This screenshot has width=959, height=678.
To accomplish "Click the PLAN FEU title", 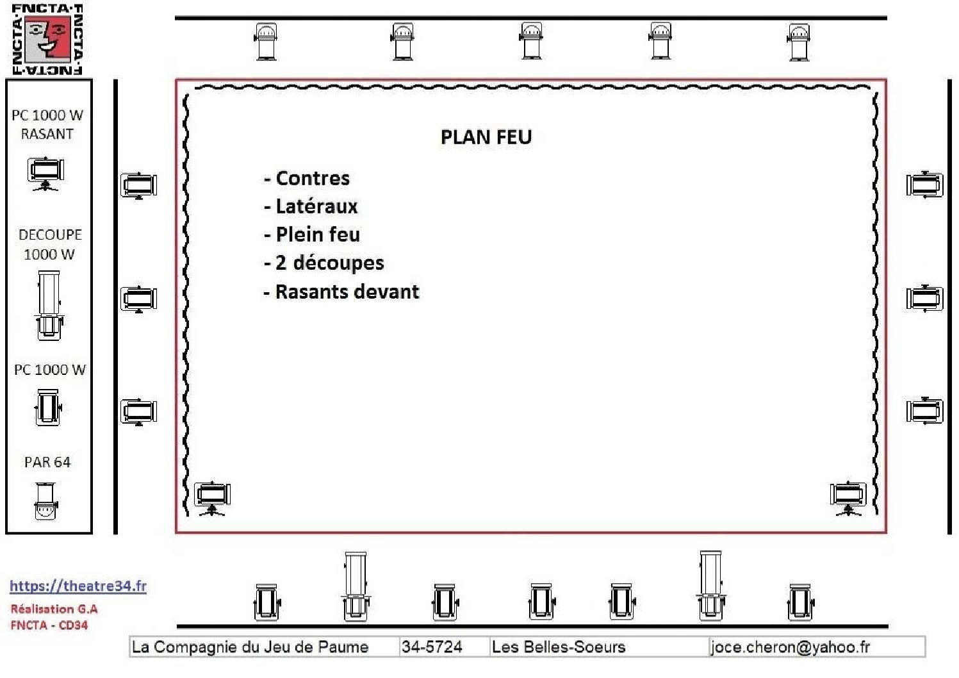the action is (486, 138).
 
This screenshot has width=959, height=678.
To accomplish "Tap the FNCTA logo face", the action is (47, 39).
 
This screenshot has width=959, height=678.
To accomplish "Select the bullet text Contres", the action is (313, 179).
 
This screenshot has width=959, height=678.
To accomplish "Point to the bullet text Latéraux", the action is (316, 206).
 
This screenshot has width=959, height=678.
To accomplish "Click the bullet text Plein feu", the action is (318, 235).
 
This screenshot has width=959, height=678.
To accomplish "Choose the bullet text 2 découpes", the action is (330, 263).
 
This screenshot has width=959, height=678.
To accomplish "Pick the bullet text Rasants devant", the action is (347, 292).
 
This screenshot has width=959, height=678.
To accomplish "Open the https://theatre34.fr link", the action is (78, 586).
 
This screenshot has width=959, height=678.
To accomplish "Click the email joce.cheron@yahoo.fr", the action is (791, 647).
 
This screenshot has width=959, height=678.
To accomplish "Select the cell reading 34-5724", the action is (432, 647).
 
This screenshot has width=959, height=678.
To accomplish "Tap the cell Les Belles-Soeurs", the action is (558, 647).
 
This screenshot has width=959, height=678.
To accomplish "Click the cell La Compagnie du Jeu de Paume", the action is (250, 647).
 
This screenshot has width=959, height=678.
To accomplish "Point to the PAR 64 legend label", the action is (47, 462).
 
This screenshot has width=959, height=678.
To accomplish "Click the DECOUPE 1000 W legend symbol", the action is (49, 306).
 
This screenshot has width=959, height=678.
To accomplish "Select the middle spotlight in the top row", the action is (531, 41).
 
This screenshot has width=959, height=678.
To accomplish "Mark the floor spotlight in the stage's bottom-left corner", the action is (212, 499).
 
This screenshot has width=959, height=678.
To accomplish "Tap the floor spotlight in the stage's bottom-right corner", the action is (848, 499).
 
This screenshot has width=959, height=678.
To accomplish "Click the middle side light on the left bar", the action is (139, 299).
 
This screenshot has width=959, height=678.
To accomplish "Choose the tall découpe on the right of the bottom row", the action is (710, 586).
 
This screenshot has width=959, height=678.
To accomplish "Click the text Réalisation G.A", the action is (54, 609).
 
